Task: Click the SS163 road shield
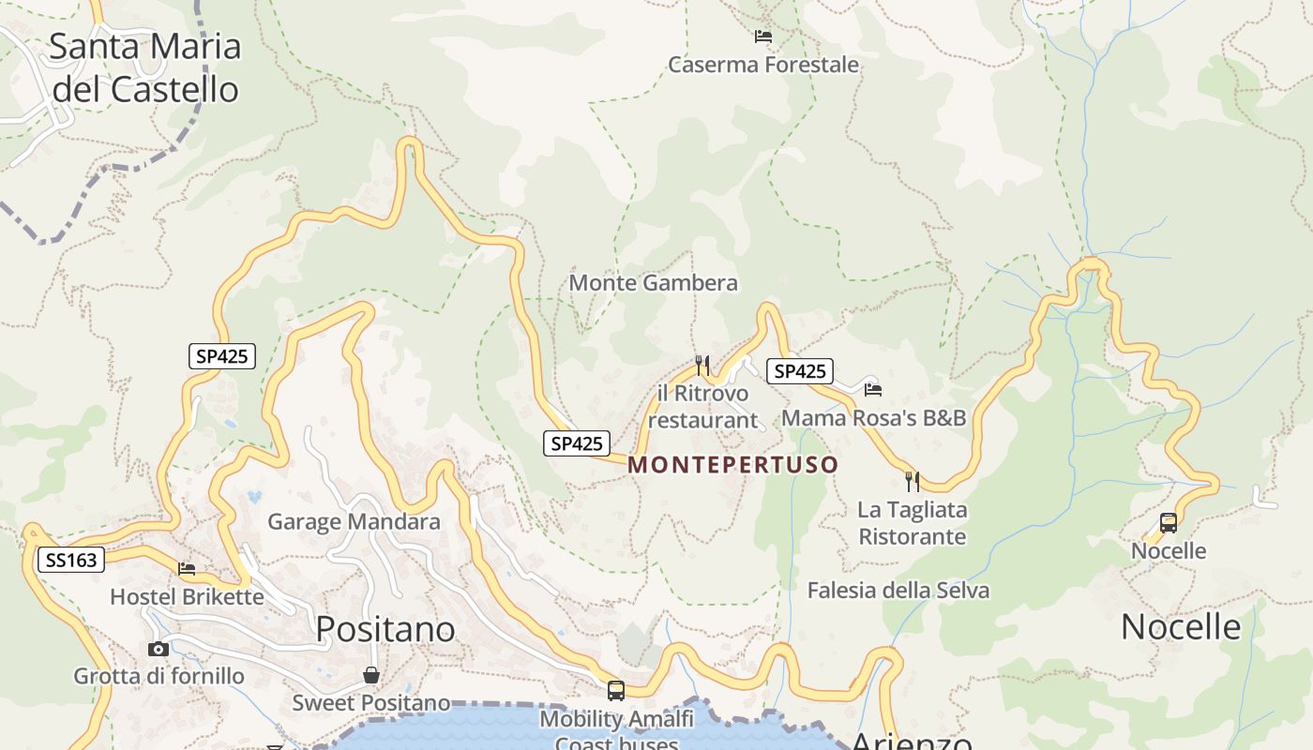(71, 561)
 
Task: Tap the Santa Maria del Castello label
(144, 67)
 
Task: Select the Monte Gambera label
(653, 282)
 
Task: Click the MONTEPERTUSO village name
(732, 465)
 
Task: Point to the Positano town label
(385, 629)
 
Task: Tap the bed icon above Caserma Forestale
(763, 37)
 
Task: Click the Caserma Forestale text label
(763, 65)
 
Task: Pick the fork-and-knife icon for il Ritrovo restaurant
(702, 364)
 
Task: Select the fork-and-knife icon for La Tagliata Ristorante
(913, 481)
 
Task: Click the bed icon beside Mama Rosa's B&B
(873, 389)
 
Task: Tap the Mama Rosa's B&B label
(873, 417)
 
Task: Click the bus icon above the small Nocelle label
(1169, 523)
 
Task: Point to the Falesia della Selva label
(898, 591)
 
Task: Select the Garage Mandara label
(354, 521)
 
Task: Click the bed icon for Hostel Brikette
(187, 568)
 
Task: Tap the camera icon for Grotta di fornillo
(158, 649)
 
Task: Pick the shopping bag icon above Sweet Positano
(371, 675)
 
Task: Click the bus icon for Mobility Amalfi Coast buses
(616, 691)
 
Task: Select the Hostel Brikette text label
(187, 596)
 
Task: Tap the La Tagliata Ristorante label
(913, 523)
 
